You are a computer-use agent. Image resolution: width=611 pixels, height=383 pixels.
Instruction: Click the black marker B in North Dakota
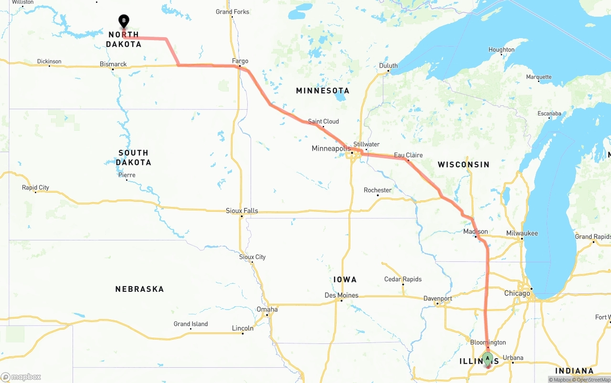click(x=124, y=21)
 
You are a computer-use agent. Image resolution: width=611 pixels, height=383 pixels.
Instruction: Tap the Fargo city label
click(x=240, y=61)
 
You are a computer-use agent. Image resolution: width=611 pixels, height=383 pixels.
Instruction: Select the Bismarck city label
click(x=113, y=64)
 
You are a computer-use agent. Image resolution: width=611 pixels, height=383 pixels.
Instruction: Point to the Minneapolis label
click(x=331, y=148)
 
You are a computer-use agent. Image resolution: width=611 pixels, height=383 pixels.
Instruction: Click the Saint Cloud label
click(x=323, y=121)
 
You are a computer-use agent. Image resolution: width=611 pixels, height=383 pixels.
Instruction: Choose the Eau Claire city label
click(x=408, y=155)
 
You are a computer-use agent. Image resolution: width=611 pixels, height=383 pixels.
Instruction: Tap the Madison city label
click(x=475, y=231)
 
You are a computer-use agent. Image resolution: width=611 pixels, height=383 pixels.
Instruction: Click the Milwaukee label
click(x=522, y=233)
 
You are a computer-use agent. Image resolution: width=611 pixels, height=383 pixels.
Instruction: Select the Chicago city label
click(x=517, y=293)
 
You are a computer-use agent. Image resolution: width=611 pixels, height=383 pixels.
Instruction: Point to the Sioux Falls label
click(x=242, y=210)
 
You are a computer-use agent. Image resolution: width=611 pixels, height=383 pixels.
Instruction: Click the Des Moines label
click(x=341, y=295)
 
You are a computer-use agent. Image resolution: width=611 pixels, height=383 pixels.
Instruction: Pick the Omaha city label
click(x=267, y=309)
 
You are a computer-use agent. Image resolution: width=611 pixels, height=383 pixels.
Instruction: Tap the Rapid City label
click(x=35, y=187)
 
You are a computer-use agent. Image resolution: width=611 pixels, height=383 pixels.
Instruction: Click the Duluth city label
click(x=388, y=66)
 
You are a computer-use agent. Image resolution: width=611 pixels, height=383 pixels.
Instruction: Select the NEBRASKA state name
click(x=139, y=289)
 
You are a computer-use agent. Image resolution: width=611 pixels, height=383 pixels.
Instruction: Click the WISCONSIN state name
click(x=464, y=165)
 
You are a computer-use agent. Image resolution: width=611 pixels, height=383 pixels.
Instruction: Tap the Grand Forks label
click(x=232, y=11)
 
